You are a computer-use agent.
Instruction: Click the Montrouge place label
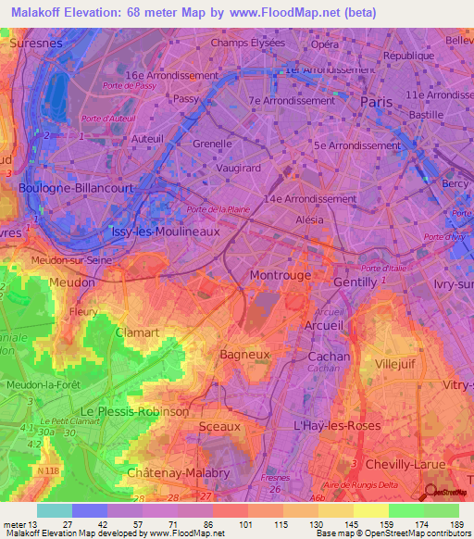[x=280, y=276]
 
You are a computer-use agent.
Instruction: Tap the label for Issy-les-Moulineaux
[x=165, y=232]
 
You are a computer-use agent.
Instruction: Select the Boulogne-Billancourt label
[x=76, y=187]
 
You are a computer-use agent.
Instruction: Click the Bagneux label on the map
[x=244, y=354]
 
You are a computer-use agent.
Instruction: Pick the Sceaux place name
[x=219, y=426]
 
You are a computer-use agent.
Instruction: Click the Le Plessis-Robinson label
[x=135, y=410]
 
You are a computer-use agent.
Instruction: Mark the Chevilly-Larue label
[x=406, y=463]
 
